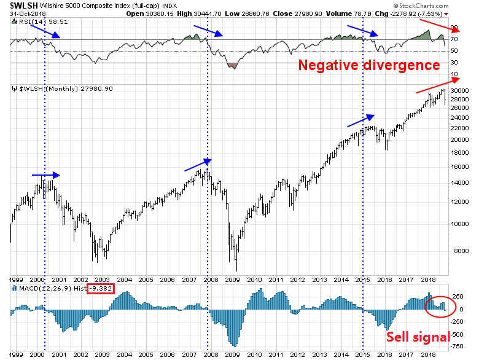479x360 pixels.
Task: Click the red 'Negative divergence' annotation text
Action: point(369,65)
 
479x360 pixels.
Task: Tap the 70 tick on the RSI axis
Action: point(454,40)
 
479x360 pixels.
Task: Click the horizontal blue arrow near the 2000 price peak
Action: point(46,175)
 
